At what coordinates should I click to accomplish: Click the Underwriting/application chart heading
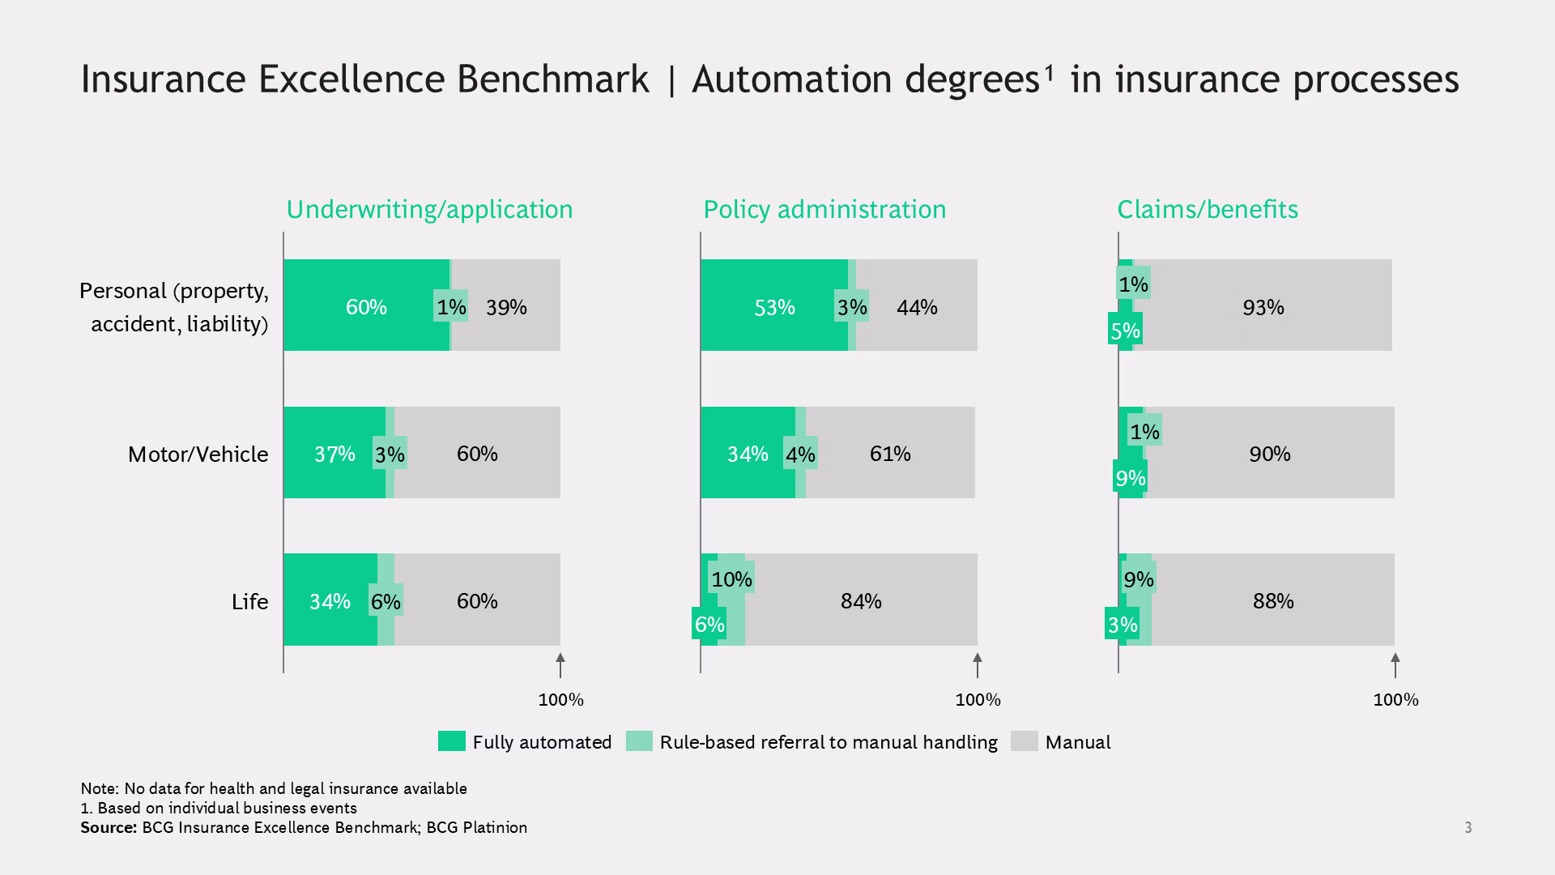click(429, 210)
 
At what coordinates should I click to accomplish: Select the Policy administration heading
click(824, 210)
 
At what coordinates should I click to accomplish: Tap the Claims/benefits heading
click(1208, 209)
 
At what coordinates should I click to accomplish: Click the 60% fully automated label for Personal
click(366, 307)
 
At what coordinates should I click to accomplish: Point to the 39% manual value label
click(506, 307)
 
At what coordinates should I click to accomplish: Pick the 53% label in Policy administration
click(774, 307)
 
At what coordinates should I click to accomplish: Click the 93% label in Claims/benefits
click(1263, 307)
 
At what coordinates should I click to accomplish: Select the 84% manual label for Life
click(861, 601)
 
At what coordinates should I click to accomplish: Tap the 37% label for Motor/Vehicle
click(334, 454)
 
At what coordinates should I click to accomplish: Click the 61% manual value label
click(890, 454)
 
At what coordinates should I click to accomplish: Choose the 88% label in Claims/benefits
click(1273, 601)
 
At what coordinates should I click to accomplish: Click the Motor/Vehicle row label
click(198, 454)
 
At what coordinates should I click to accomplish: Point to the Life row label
click(249, 601)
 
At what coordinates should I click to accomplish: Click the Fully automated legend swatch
click(452, 741)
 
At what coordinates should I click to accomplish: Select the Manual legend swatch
click(1025, 741)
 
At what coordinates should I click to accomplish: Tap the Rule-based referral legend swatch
click(639, 741)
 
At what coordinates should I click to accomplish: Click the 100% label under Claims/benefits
click(1395, 700)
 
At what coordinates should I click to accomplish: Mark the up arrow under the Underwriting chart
click(560, 665)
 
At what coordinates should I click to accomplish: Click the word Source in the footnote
click(109, 827)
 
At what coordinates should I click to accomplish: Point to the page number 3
click(1468, 827)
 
